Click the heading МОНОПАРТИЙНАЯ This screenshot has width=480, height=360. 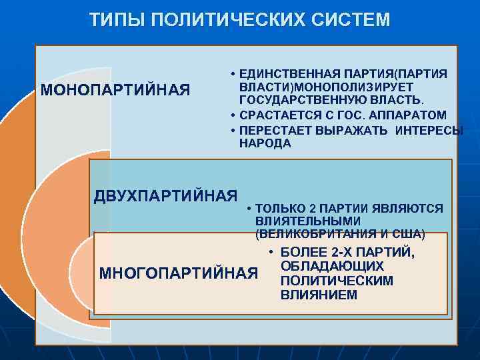pyautogui.click(x=115, y=90)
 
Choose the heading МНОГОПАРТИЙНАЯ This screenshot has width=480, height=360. pyautogui.click(x=178, y=273)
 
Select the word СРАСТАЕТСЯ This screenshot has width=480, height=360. pyautogui.click(x=278, y=115)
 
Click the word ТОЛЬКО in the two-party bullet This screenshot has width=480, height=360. pyautogui.click(x=282, y=209)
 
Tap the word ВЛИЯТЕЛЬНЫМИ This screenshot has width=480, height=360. pyautogui.click(x=307, y=221)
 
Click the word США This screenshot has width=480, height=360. pyautogui.click(x=409, y=234)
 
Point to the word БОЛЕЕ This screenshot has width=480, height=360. pyautogui.click(x=303, y=253)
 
